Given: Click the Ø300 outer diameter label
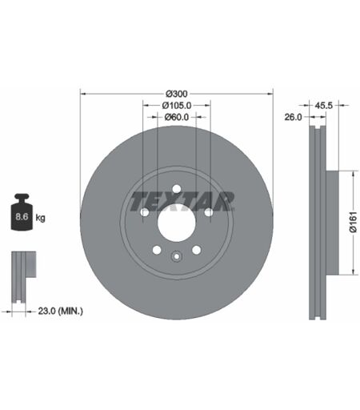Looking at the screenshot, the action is coord(177,94).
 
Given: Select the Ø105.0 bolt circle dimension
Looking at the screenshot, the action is coord(177,106).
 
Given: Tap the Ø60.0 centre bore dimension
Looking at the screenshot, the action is coord(177,117).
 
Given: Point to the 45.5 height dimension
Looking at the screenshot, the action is coord(324,106).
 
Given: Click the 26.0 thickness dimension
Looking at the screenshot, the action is coord(293,117).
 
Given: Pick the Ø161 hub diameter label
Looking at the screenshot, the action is coord(353,222).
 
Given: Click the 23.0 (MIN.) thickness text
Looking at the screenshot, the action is coord(60,311).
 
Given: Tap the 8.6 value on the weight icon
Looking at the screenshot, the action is coord(22,216).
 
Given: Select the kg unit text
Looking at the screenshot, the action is coord(40,218).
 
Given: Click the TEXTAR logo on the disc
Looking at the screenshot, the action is coord(182,201).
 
